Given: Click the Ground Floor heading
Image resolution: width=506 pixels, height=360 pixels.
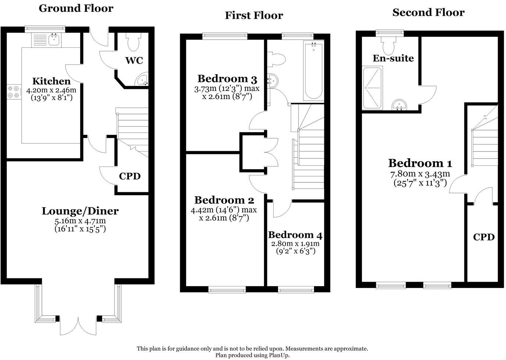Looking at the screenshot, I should point(76,8).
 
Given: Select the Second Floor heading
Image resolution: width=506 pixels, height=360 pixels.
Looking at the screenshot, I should point(428,12).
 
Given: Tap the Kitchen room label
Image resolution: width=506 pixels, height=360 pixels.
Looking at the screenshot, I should point(51,81).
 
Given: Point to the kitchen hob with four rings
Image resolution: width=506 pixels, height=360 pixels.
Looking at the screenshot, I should point(14,92).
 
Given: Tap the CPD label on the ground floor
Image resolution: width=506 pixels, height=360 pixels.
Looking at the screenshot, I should point(129,176).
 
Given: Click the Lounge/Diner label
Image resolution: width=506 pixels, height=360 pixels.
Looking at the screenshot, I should point(80,211).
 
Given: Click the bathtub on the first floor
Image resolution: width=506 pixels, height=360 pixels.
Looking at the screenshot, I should point(313,71).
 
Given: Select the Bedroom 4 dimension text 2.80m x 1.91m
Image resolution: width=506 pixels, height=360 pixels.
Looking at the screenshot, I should point(295,244).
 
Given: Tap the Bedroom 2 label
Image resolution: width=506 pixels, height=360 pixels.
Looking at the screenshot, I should point(224,200).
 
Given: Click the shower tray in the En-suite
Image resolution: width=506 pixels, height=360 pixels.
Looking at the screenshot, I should point(373,88).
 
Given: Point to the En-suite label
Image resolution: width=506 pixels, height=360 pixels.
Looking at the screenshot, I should point(393,58).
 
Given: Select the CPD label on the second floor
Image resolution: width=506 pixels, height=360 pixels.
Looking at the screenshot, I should point(484,237).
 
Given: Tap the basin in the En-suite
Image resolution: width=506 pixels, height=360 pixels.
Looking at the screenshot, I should point(399,105).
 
